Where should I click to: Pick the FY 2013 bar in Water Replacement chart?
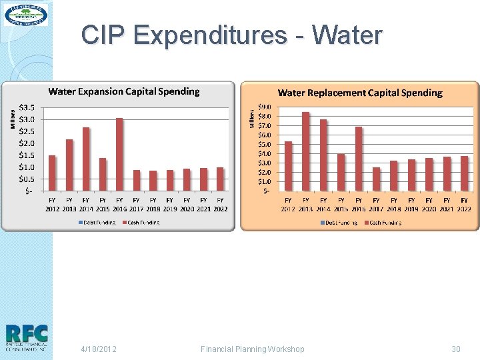pos(306,151)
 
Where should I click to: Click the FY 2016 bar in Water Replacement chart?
pos(359,159)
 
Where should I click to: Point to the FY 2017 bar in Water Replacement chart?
pos(376,179)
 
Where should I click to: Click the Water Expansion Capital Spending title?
pos(124,91)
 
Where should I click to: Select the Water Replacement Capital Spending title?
pos(360,93)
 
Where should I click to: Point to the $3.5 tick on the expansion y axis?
pos(27,107)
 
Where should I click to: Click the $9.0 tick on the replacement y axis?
pos(264,107)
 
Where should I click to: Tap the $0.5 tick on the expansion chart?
pos(27,179)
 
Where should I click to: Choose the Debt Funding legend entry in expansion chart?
pos(97,223)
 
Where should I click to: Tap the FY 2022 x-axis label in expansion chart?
pos(220,204)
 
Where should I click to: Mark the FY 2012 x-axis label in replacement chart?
pos(288,204)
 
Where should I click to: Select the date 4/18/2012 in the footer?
pos(99,349)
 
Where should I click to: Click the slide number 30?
pos(456,349)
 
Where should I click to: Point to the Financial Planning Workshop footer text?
pos(253,349)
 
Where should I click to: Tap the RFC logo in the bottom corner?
pos(26,337)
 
